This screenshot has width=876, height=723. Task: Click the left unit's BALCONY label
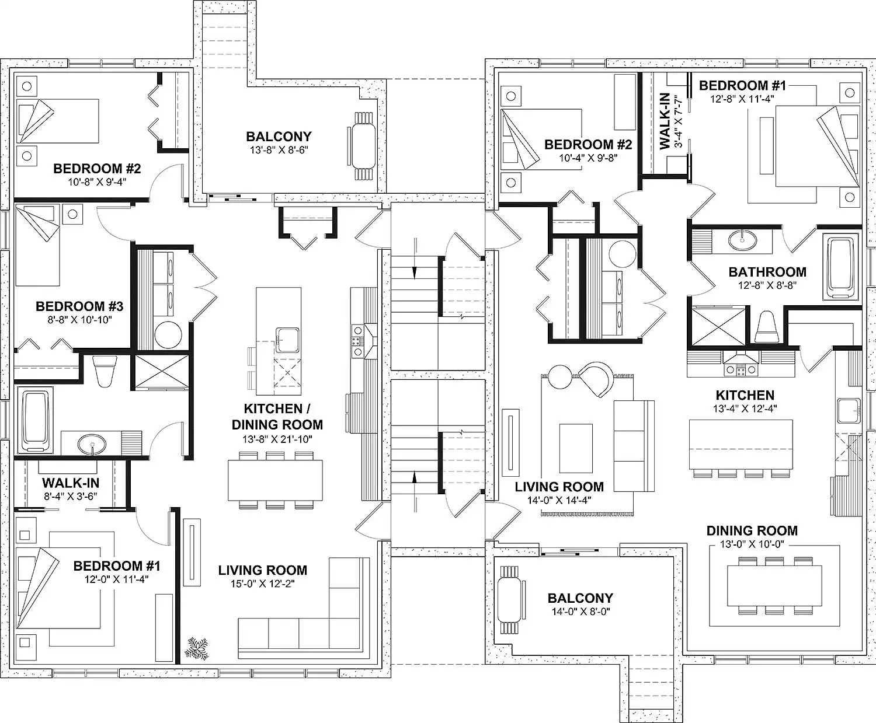pyautogui.click(x=279, y=137)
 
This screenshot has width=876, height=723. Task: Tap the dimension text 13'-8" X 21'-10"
pyautogui.click(x=277, y=439)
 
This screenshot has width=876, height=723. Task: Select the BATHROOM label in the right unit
pyautogui.click(x=767, y=272)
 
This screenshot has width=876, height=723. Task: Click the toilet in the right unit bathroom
pyautogui.click(x=766, y=327)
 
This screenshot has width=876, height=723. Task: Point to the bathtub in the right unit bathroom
pyautogui.click(x=840, y=267)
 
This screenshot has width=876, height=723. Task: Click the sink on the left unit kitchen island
pyautogui.click(x=287, y=340)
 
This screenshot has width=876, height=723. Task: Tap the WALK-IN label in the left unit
pyautogui.click(x=71, y=483)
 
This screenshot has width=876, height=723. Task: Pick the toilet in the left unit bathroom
pyautogui.click(x=104, y=371)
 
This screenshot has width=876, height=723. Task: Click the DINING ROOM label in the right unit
pyautogui.click(x=752, y=530)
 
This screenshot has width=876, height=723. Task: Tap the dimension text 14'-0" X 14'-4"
pyautogui.click(x=559, y=500)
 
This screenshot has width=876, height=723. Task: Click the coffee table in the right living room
pyautogui.click(x=576, y=448)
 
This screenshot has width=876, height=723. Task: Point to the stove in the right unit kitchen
pyautogui.click(x=741, y=370)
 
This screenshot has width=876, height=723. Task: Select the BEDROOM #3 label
pyautogui.click(x=79, y=306)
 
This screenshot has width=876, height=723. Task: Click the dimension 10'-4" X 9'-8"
pyautogui.click(x=588, y=158)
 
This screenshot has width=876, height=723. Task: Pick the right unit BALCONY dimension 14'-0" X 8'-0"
pyautogui.click(x=580, y=612)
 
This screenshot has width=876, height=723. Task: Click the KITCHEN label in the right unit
pyautogui.click(x=745, y=395)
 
